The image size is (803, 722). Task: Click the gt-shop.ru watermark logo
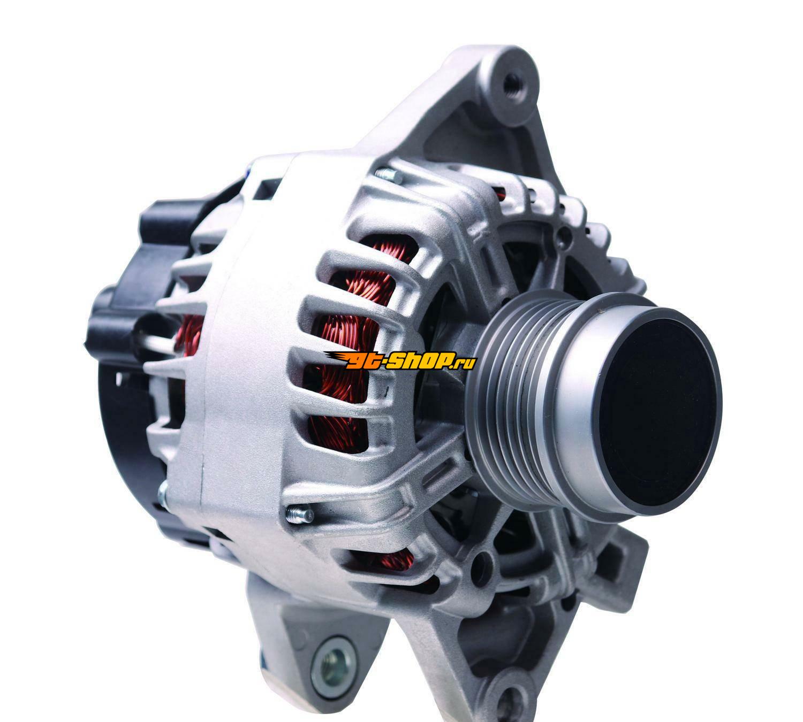click(x=399, y=361)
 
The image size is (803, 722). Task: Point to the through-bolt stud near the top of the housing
click(x=389, y=175)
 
